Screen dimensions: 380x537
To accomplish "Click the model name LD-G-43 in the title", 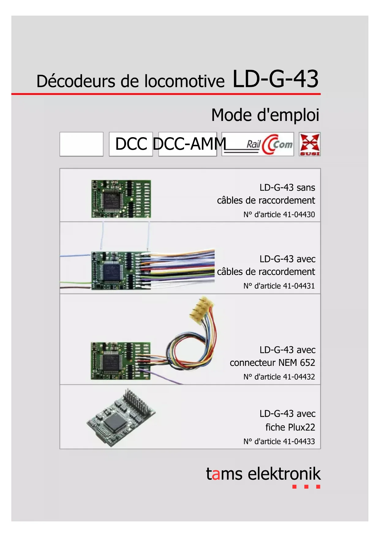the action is (275, 79).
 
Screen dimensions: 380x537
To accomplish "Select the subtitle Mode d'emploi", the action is (265, 115).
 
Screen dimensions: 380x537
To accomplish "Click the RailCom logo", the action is (258, 144).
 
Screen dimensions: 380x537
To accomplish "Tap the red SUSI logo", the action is (310, 144).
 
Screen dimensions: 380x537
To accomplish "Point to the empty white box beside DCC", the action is (81, 144).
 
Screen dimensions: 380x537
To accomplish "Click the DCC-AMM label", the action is (189, 144).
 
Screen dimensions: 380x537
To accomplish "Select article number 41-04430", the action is (299, 215).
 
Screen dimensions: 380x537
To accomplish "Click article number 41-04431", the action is (299, 286).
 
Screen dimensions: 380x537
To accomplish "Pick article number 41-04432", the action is (299, 377).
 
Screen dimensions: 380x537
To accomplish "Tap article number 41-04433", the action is (299, 441).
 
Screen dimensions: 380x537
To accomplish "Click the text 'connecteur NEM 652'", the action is (272, 363).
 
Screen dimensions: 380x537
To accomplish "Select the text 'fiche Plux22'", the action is (290, 427).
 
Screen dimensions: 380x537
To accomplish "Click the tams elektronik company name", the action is (263, 474).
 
